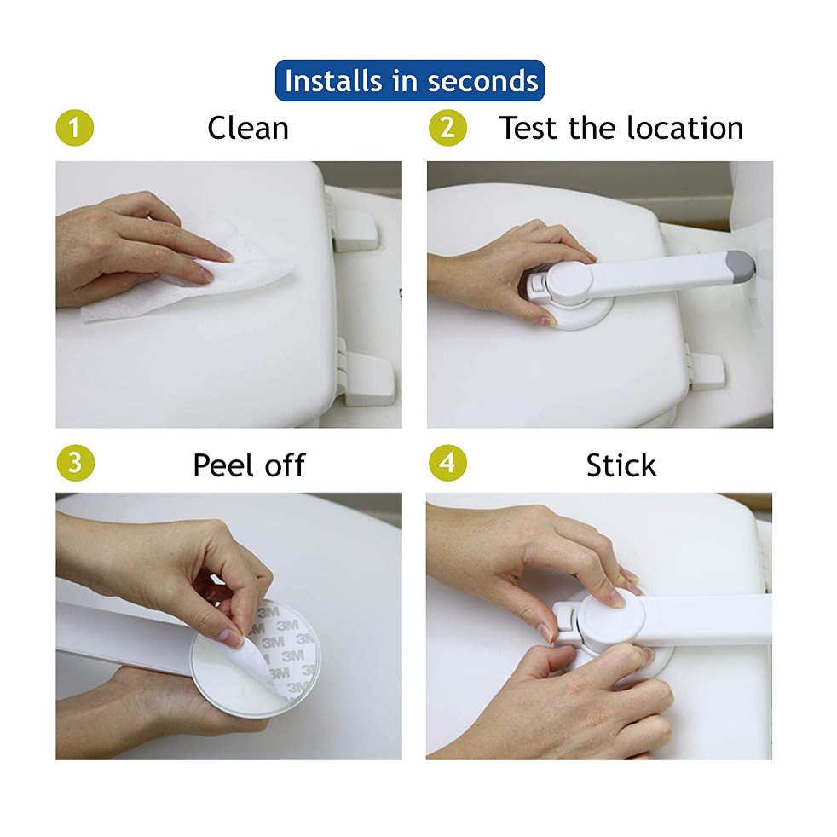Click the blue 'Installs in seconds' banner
point(410,81)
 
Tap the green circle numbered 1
point(75,129)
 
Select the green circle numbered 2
point(447,129)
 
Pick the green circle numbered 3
point(75,464)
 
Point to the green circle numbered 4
point(447,464)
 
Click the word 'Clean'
point(248,129)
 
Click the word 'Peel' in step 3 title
point(223,465)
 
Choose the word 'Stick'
point(621,465)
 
